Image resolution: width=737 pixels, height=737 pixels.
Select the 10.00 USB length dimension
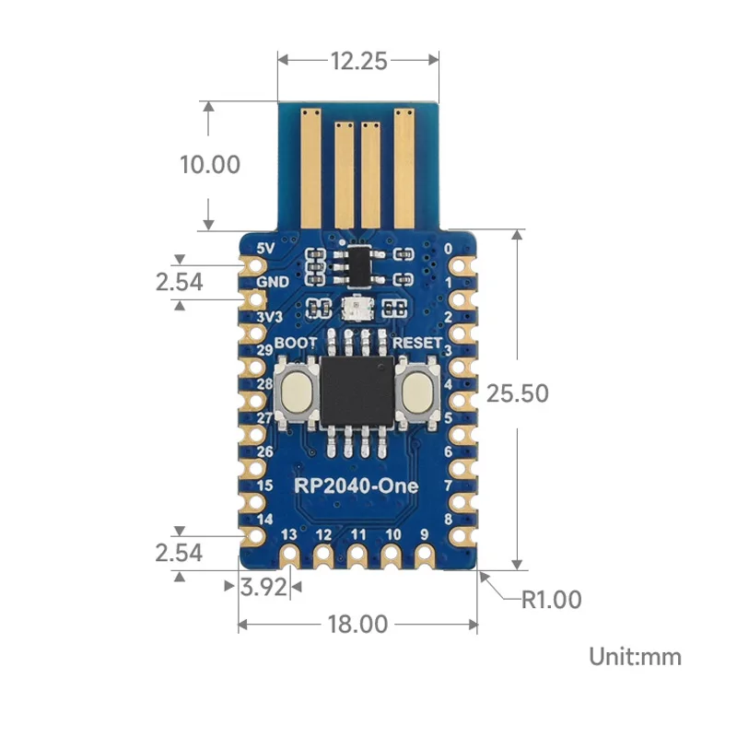209,165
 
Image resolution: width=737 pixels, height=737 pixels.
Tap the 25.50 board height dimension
517,393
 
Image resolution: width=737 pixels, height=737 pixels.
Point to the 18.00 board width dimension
357,624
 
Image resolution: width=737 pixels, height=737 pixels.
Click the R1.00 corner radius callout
551,600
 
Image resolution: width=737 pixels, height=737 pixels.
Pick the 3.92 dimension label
263,587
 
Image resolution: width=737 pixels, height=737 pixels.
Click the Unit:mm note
636,656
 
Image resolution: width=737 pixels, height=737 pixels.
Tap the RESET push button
418,391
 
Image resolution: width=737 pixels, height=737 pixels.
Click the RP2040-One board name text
357,485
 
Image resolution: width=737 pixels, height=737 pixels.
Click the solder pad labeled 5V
252,265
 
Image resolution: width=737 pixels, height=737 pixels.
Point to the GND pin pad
252,299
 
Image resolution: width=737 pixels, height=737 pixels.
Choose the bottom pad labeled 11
357,556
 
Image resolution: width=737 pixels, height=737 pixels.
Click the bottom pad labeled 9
425,556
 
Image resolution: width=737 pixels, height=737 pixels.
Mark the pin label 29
265,351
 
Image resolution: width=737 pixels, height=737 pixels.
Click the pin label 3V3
268,318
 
